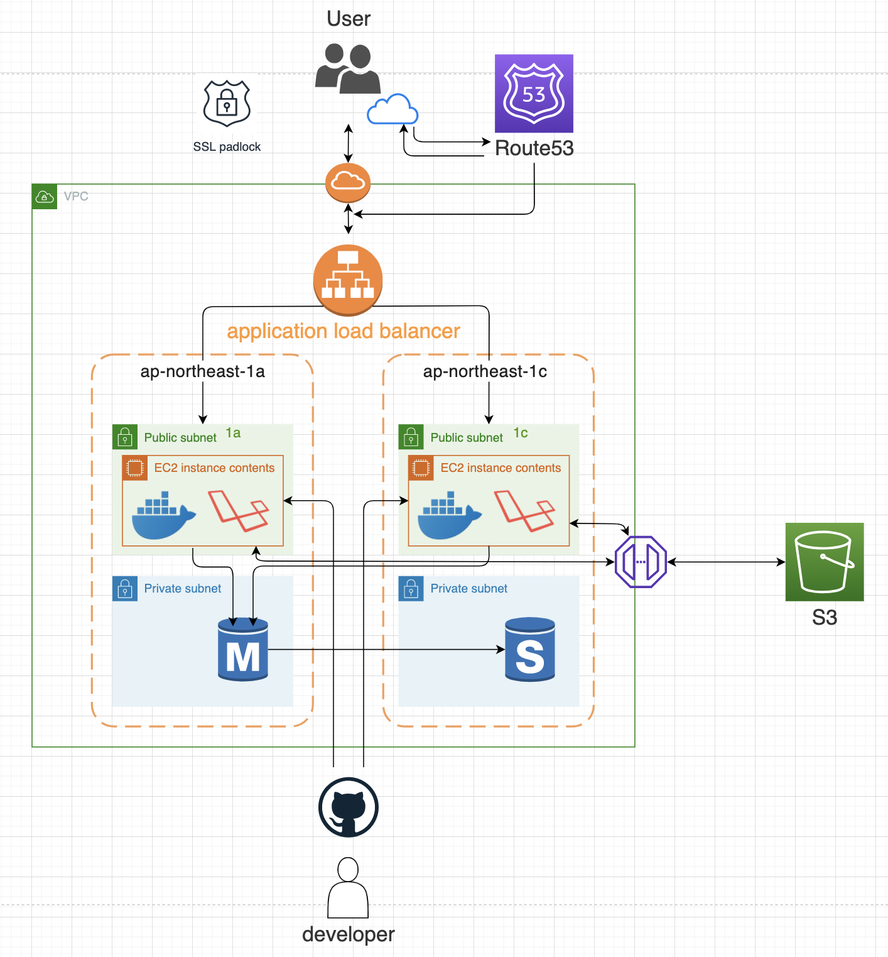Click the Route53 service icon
coord(534,93)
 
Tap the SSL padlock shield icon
coord(227,103)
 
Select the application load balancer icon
coord(348,280)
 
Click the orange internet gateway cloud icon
coord(348,182)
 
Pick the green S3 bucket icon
coord(824,562)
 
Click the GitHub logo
coord(349,807)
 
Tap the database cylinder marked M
coord(243,650)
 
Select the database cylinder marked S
coord(530,650)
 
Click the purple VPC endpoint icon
coord(641,562)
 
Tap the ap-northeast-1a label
coord(202,371)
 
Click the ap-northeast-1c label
coord(485,371)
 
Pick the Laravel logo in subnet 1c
coord(524,511)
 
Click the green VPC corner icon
coord(45,197)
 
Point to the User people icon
coord(348,68)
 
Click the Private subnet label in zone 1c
coord(468,589)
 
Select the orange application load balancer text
coord(344,331)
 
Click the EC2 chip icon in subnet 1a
coord(135,468)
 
